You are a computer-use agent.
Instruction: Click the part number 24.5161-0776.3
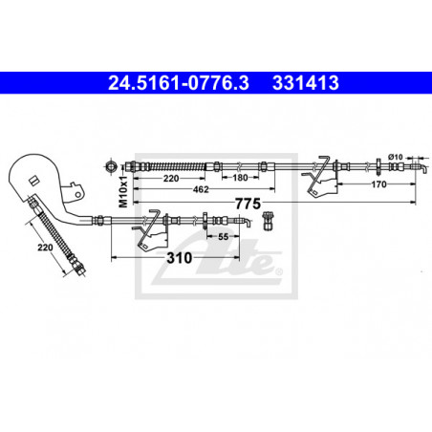[x=179, y=83]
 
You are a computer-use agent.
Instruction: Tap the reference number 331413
[x=306, y=83]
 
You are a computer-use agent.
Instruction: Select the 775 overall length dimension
[x=248, y=204]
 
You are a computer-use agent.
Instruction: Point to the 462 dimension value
[x=201, y=189]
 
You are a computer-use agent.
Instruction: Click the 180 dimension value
[x=240, y=178]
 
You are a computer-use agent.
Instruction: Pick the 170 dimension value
[x=378, y=184]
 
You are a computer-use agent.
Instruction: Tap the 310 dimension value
[x=180, y=258]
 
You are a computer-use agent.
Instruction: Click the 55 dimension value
[x=223, y=237]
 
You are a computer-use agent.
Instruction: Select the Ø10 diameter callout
[x=396, y=157]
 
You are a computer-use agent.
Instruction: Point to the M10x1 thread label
[x=123, y=191]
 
